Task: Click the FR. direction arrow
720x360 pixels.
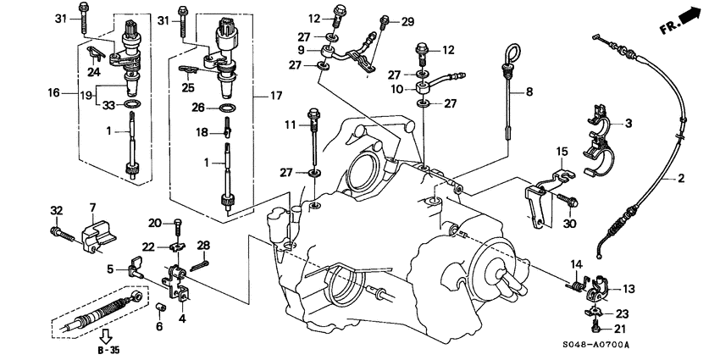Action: pos(695,14)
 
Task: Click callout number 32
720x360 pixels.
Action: pos(57,210)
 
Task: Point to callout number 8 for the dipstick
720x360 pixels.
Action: pos(529,91)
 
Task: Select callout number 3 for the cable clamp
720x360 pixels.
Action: pos(629,125)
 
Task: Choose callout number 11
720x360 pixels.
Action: pos(290,125)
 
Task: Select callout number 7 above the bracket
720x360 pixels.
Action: pos(93,207)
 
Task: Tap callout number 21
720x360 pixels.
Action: pos(623,328)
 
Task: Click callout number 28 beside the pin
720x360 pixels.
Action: pos(203,245)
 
